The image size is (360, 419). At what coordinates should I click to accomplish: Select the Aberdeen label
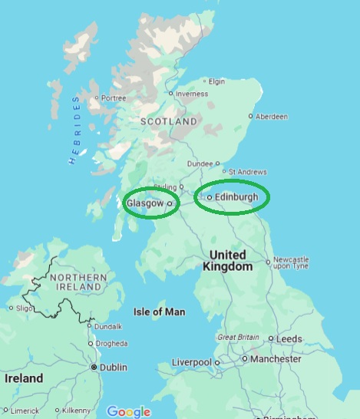tap(273, 117)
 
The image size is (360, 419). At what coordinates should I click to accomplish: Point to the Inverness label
tap(192, 94)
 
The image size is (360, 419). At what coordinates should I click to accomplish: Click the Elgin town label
tap(217, 81)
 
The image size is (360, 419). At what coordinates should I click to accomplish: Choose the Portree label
tap(114, 97)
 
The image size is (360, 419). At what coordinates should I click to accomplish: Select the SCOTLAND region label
tap(168, 122)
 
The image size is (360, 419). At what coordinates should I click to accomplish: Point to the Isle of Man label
tap(160, 312)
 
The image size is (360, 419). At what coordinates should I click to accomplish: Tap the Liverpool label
tap(192, 361)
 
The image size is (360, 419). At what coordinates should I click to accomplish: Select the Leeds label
tap(289, 338)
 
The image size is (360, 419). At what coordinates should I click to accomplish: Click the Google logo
tap(128, 411)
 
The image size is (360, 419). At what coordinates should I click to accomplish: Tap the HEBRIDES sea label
tap(74, 130)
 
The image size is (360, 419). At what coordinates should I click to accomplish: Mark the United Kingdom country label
tap(229, 261)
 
